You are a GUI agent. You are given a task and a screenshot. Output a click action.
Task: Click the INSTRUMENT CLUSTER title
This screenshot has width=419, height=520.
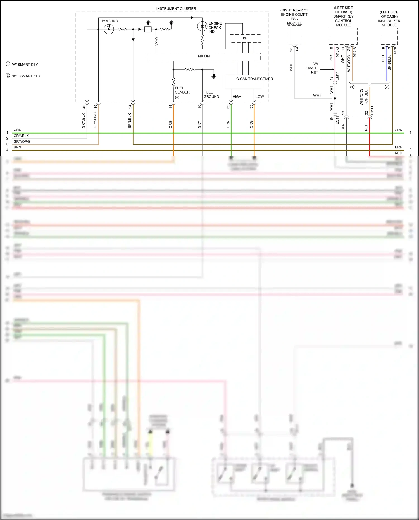176,9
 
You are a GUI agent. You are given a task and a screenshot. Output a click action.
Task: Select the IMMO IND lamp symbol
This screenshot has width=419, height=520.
109,29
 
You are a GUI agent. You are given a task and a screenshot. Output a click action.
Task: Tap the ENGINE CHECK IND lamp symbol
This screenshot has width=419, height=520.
202,27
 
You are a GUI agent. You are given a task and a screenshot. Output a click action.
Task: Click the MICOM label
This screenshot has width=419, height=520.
204,56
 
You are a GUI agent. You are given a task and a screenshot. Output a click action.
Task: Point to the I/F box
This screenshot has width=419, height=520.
245,38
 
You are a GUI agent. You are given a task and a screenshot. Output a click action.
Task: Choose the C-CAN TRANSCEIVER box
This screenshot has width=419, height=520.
243,82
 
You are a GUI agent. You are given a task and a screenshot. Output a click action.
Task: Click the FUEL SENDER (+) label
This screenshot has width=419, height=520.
182,92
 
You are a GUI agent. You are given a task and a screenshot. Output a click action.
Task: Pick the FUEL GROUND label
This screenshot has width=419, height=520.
211,94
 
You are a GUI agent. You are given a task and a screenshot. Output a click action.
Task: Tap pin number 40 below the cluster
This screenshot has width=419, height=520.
84,107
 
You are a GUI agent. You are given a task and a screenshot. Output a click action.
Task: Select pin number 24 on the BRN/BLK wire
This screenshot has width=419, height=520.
130,107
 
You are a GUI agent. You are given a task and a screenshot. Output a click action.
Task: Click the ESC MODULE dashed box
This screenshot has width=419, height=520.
294,35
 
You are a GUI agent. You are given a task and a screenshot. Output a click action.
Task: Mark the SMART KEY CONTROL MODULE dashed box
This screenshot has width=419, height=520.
343,36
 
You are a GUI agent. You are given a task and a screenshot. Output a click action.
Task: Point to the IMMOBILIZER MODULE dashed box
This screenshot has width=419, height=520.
389,36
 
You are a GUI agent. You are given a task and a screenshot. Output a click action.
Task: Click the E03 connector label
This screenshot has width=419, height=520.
297,50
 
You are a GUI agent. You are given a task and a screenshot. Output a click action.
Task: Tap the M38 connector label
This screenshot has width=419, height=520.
395,51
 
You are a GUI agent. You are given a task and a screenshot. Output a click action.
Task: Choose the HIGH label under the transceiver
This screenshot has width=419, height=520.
237,97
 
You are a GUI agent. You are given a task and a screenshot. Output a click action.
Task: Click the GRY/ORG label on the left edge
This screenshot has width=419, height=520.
22,141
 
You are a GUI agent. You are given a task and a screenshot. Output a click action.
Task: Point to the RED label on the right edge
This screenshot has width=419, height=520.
398,153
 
